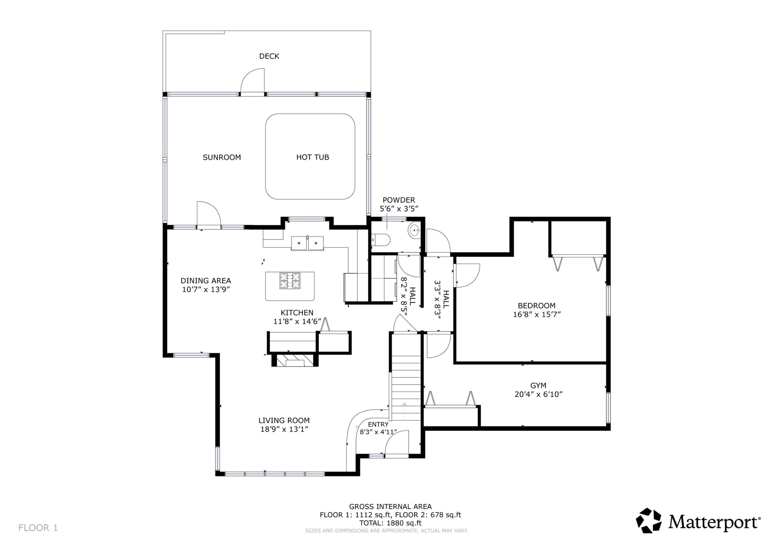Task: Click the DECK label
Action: point(269,56)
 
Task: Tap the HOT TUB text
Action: point(312,157)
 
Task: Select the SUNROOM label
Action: point(222,157)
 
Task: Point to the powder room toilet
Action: point(381,240)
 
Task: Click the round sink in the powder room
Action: point(414,231)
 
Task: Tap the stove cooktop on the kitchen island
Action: point(290,280)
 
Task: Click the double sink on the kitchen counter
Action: point(307,243)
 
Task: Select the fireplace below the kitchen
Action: point(295,360)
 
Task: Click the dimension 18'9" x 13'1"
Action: point(284,429)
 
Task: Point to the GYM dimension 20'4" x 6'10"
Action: point(538,394)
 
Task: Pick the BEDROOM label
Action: point(537,306)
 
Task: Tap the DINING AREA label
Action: point(206,281)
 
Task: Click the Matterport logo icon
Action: point(649,521)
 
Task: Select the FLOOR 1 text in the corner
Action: point(38,528)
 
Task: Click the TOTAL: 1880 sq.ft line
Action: point(390,523)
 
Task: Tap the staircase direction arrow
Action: point(404,404)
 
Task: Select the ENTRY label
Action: point(378,424)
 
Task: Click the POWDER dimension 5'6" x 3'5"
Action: point(399,209)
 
